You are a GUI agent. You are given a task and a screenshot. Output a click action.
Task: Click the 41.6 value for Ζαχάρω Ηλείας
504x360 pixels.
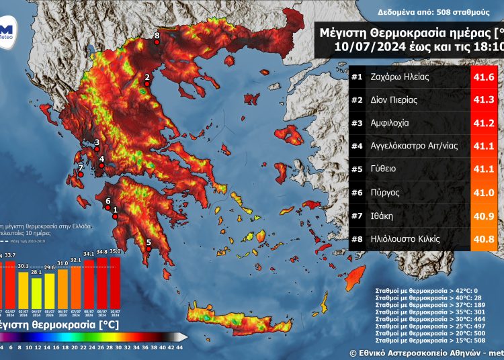485,78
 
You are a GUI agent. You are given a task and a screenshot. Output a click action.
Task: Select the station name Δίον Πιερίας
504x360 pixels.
393,101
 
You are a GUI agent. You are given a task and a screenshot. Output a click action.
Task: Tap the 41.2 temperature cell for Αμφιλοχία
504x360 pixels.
485,124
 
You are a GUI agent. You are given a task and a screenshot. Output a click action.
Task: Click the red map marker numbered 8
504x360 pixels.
157,42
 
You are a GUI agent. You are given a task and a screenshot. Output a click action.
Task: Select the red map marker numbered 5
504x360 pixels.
149,250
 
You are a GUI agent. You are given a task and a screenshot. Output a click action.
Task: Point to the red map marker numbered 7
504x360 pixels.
80,174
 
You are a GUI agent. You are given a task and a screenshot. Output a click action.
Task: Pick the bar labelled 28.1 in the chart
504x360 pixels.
37,287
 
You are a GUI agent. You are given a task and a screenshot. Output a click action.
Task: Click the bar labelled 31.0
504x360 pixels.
62,284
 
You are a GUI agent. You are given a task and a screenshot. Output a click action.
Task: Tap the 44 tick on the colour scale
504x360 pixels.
180,347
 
